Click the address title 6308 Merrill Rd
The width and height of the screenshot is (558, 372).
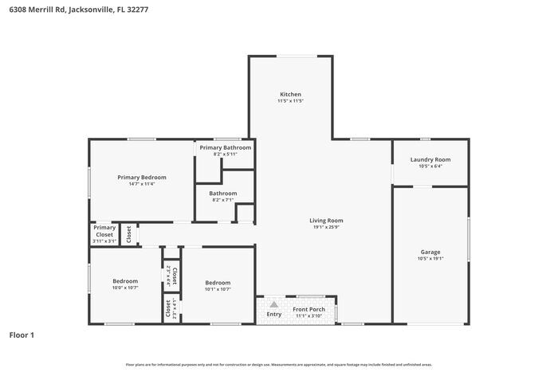click(x=74, y=10)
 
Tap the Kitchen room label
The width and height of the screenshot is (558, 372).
click(x=289, y=94)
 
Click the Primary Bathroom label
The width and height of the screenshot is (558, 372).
click(x=226, y=147)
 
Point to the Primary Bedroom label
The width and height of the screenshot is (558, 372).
click(x=142, y=177)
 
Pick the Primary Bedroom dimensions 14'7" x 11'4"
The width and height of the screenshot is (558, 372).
click(x=142, y=184)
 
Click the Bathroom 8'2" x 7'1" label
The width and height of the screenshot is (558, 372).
click(x=223, y=193)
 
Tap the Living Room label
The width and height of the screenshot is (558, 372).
click(x=326, y=220)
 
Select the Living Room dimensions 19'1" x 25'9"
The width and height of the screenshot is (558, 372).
click(x=326, y=227)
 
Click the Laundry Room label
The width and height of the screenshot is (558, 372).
click(x=430, y=159)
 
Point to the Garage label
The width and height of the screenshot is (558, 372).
click(x=430, y=252)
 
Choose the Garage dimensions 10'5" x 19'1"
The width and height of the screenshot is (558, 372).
click(x=430, y=259)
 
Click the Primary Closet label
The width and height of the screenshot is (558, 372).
click(x=104, y=231)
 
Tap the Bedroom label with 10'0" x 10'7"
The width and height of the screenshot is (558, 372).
click(x=125, y=280)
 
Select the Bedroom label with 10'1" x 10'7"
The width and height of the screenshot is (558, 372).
click(x=218, y=282)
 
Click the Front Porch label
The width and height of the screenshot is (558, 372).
click(x=307, y=309)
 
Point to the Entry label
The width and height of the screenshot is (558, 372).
click(x=273, y=314)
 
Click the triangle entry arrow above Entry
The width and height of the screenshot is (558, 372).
click(x=273, y=304)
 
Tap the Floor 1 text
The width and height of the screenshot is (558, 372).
click(x=22, y=335)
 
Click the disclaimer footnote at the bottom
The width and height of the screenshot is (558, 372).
click(x=279, y=363)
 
